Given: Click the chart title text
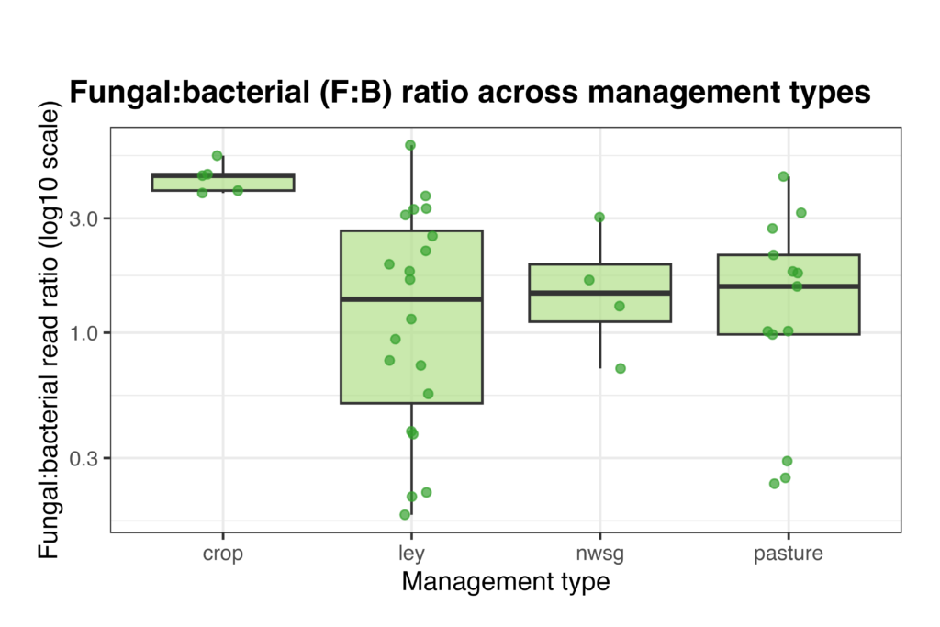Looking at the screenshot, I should click(470, 94).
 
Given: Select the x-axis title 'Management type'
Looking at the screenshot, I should click(505, 582).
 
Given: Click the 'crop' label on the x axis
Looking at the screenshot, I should click(223, 554).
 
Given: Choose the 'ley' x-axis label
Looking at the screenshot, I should click(411, 554).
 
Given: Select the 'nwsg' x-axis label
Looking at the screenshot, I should click(599, 554).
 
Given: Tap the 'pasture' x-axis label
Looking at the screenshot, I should click(788, 554).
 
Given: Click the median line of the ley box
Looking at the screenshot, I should click(411, 299).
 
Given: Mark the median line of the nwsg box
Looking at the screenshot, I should click(599, 293).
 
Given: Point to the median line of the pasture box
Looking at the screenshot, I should click(788, 286).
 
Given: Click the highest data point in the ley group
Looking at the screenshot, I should click(410, 145).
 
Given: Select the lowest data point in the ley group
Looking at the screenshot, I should click(405, 514).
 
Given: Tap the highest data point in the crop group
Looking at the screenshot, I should click(218, 156).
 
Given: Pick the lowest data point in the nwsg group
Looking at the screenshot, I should click(621, 368).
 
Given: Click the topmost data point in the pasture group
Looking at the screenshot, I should click(783, 176).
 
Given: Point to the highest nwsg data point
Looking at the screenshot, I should click(599, 218).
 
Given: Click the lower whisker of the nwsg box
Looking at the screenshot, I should click(599, 345).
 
